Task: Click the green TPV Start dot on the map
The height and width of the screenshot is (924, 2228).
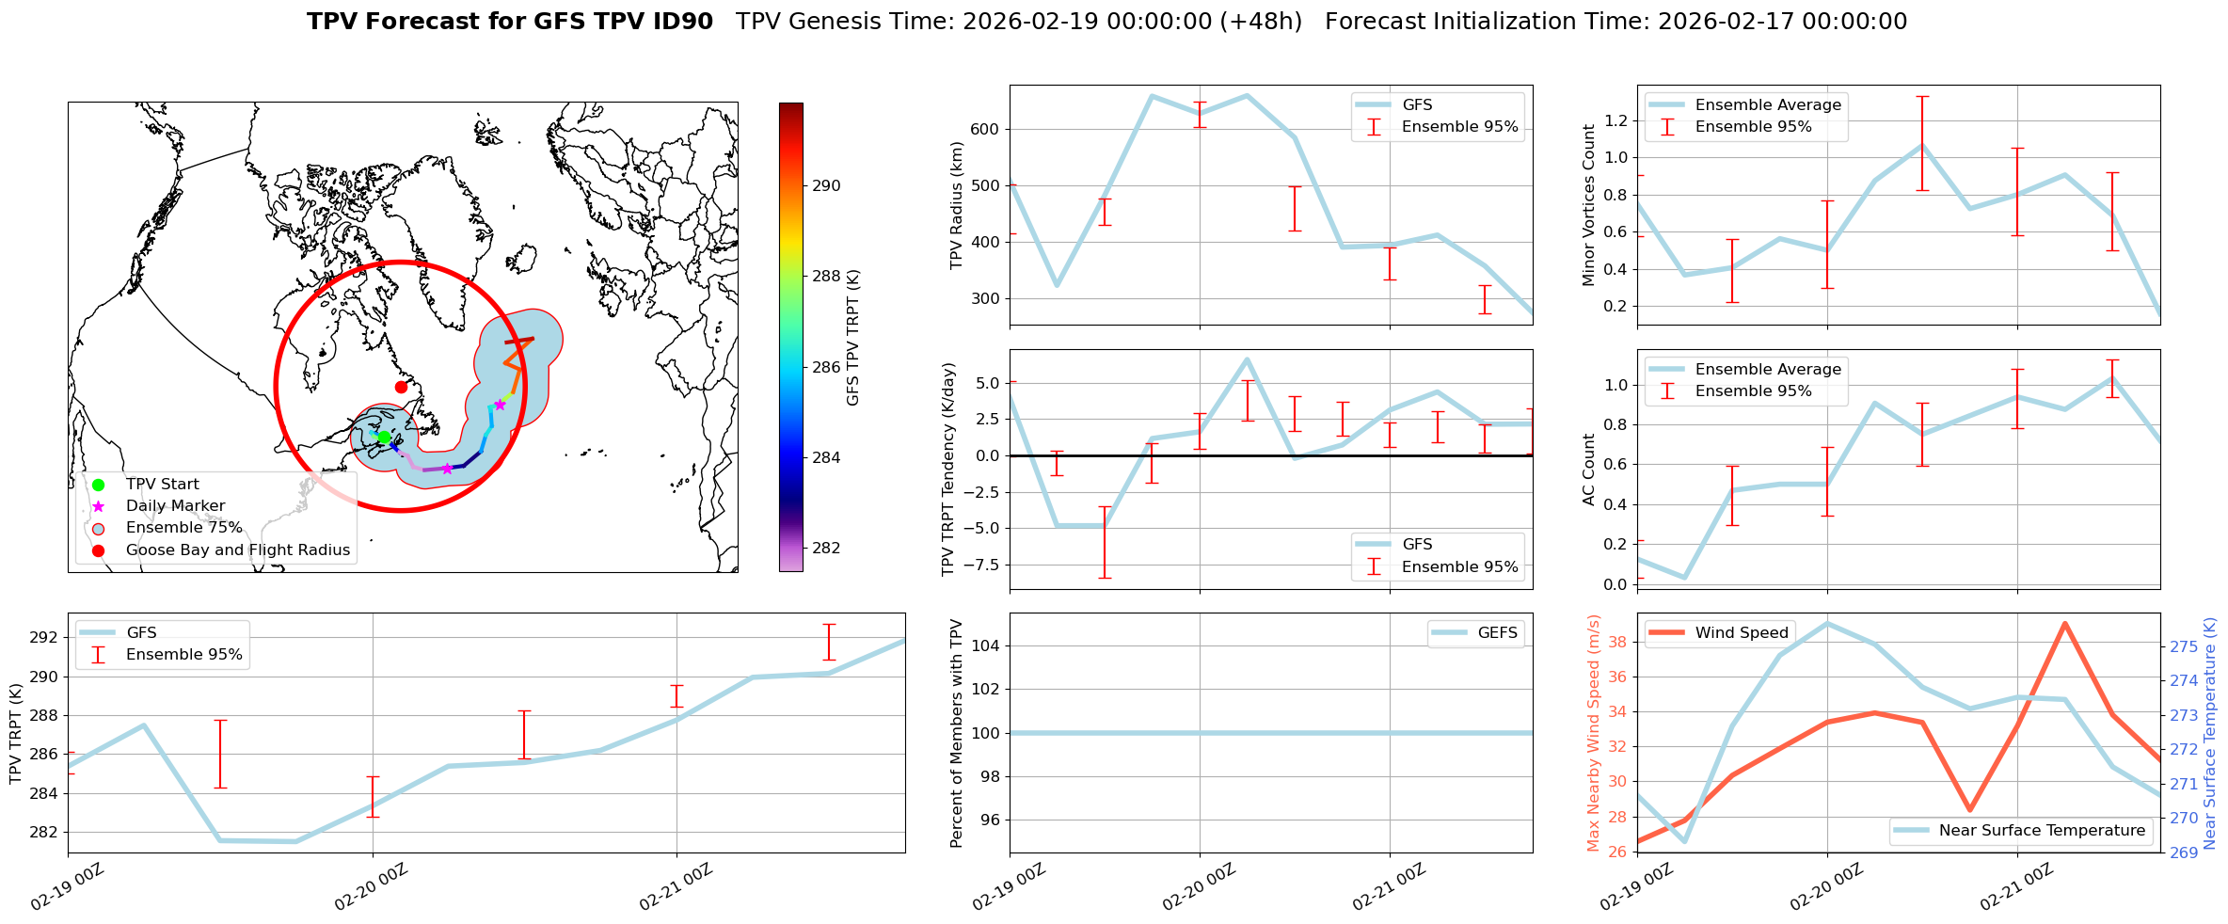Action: coord(384,437)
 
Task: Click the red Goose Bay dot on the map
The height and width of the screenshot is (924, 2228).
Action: coord(401,387)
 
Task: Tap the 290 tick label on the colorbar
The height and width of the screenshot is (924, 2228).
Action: coord(826,186)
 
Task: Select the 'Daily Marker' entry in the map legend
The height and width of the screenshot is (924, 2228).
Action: coord(175,506)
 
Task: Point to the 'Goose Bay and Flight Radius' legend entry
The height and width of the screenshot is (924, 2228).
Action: coord(237,550)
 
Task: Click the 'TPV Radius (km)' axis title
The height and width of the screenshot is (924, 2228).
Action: coord(957,205)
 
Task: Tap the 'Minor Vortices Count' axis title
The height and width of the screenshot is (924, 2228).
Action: coord(1589,205)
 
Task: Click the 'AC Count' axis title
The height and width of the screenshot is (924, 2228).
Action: coord(1589,470)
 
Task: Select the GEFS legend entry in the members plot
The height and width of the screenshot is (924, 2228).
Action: coord(1497,633)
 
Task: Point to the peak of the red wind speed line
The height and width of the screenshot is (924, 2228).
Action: coord(2064,623)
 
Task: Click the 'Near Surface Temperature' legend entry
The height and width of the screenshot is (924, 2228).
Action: coord(2042,831)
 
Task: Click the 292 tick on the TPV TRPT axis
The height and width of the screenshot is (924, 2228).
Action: coord(43,638)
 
